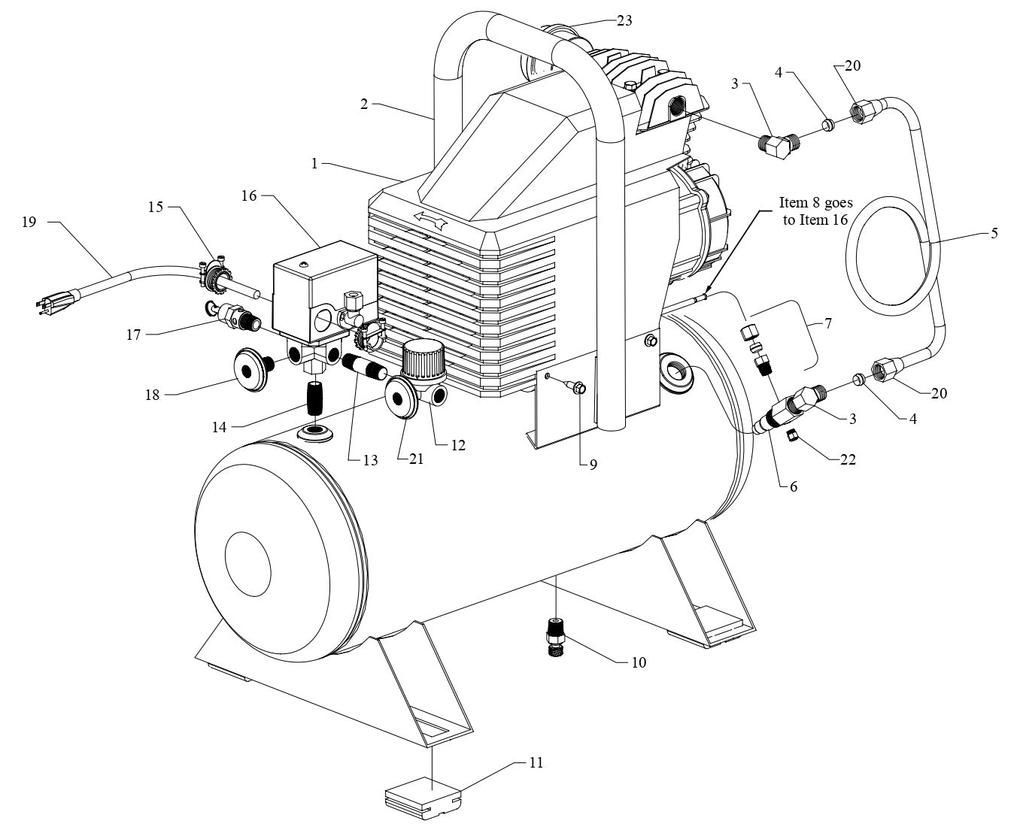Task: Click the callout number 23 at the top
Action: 624,21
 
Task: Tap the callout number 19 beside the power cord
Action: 29,223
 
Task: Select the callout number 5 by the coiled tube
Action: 994,234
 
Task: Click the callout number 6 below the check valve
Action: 794,486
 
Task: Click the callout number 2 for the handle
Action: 363,104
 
